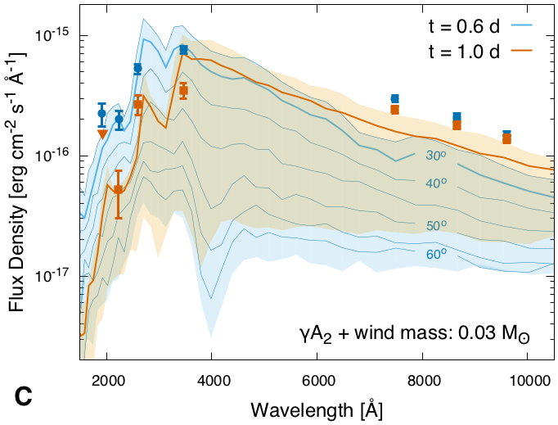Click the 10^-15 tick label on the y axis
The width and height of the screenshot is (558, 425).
click(55, 37)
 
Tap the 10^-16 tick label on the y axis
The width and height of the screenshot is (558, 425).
click(55, 156)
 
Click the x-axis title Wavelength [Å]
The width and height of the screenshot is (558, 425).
click(317, 407)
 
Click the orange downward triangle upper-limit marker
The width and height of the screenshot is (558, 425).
click(102, 134)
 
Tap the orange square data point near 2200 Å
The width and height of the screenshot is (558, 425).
click(119, 190)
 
